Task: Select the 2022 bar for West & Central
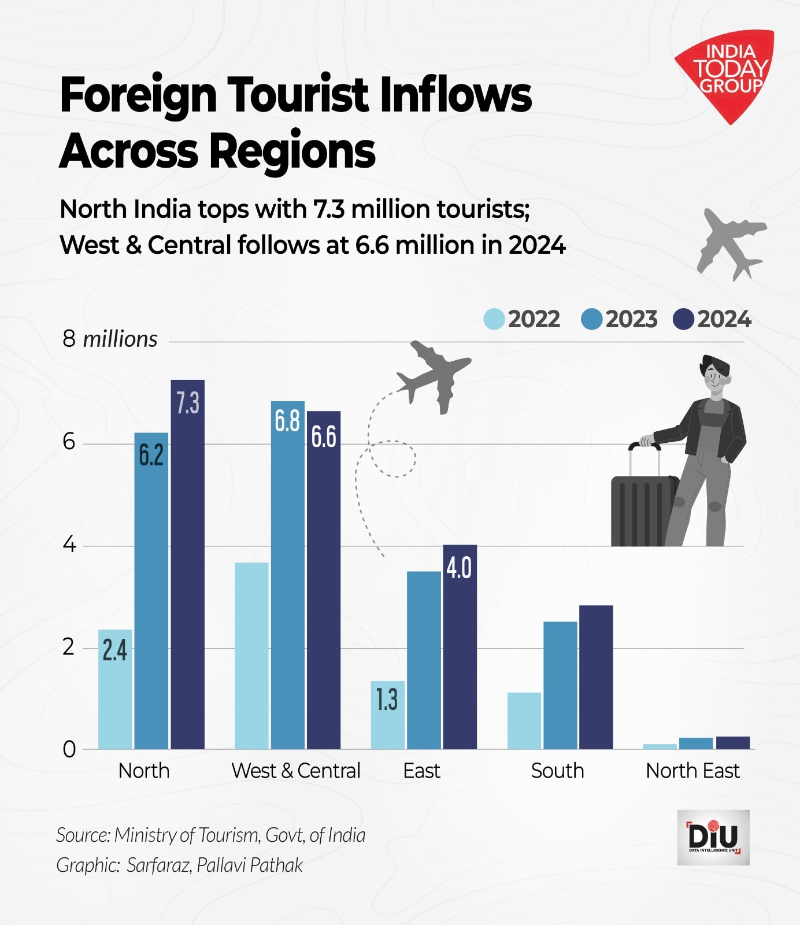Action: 251,656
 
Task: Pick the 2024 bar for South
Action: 596,677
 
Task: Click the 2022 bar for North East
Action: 660,746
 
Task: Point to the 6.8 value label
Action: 287,420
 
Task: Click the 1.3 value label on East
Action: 387,700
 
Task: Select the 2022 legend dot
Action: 494,319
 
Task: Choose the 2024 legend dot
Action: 684,319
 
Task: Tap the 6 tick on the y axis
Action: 69,442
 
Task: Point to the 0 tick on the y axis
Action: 69,749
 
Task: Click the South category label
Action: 557,771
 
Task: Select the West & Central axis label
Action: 295,771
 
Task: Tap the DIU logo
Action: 713,837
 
